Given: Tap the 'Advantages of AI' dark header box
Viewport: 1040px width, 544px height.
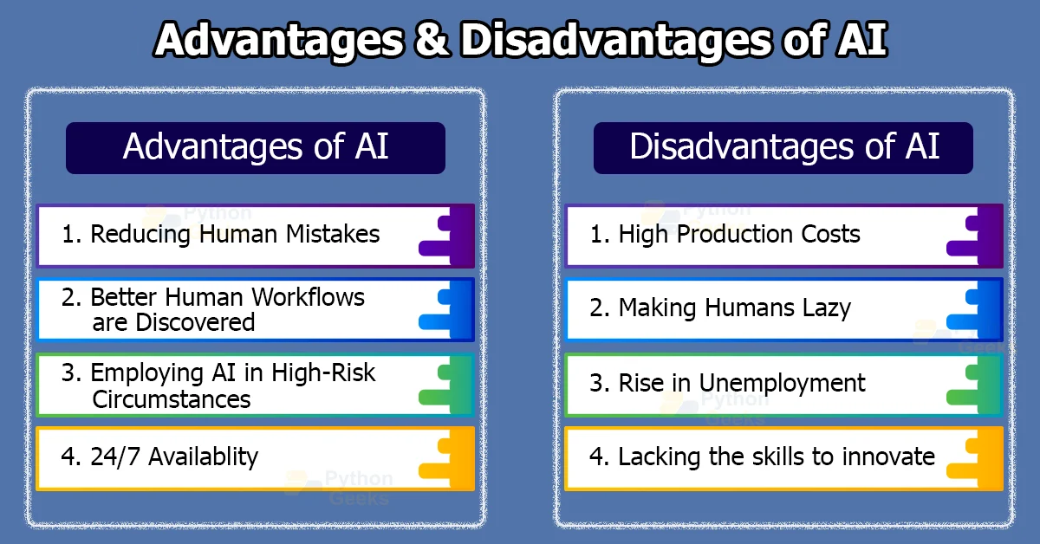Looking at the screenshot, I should pos(256,147).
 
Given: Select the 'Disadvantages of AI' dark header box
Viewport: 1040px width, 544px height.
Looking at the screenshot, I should pos(783,147).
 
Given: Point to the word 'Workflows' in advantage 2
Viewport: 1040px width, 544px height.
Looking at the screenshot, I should pos(308,297).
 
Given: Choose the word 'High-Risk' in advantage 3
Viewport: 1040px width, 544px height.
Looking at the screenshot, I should pos(323,373).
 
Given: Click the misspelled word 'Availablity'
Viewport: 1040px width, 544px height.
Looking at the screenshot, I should pos(204,457).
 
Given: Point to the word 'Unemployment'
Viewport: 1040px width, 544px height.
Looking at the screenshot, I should pos(790,383).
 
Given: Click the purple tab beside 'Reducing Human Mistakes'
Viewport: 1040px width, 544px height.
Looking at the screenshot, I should pos(447,236).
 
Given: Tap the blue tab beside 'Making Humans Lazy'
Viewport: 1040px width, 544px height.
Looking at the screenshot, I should pos(975,309).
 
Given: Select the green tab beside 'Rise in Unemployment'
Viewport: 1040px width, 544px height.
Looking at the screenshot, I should pos(975,384).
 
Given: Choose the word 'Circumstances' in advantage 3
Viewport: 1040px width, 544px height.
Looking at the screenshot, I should pos(171,399).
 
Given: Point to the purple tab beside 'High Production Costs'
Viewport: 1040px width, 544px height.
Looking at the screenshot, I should pos(975,236).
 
